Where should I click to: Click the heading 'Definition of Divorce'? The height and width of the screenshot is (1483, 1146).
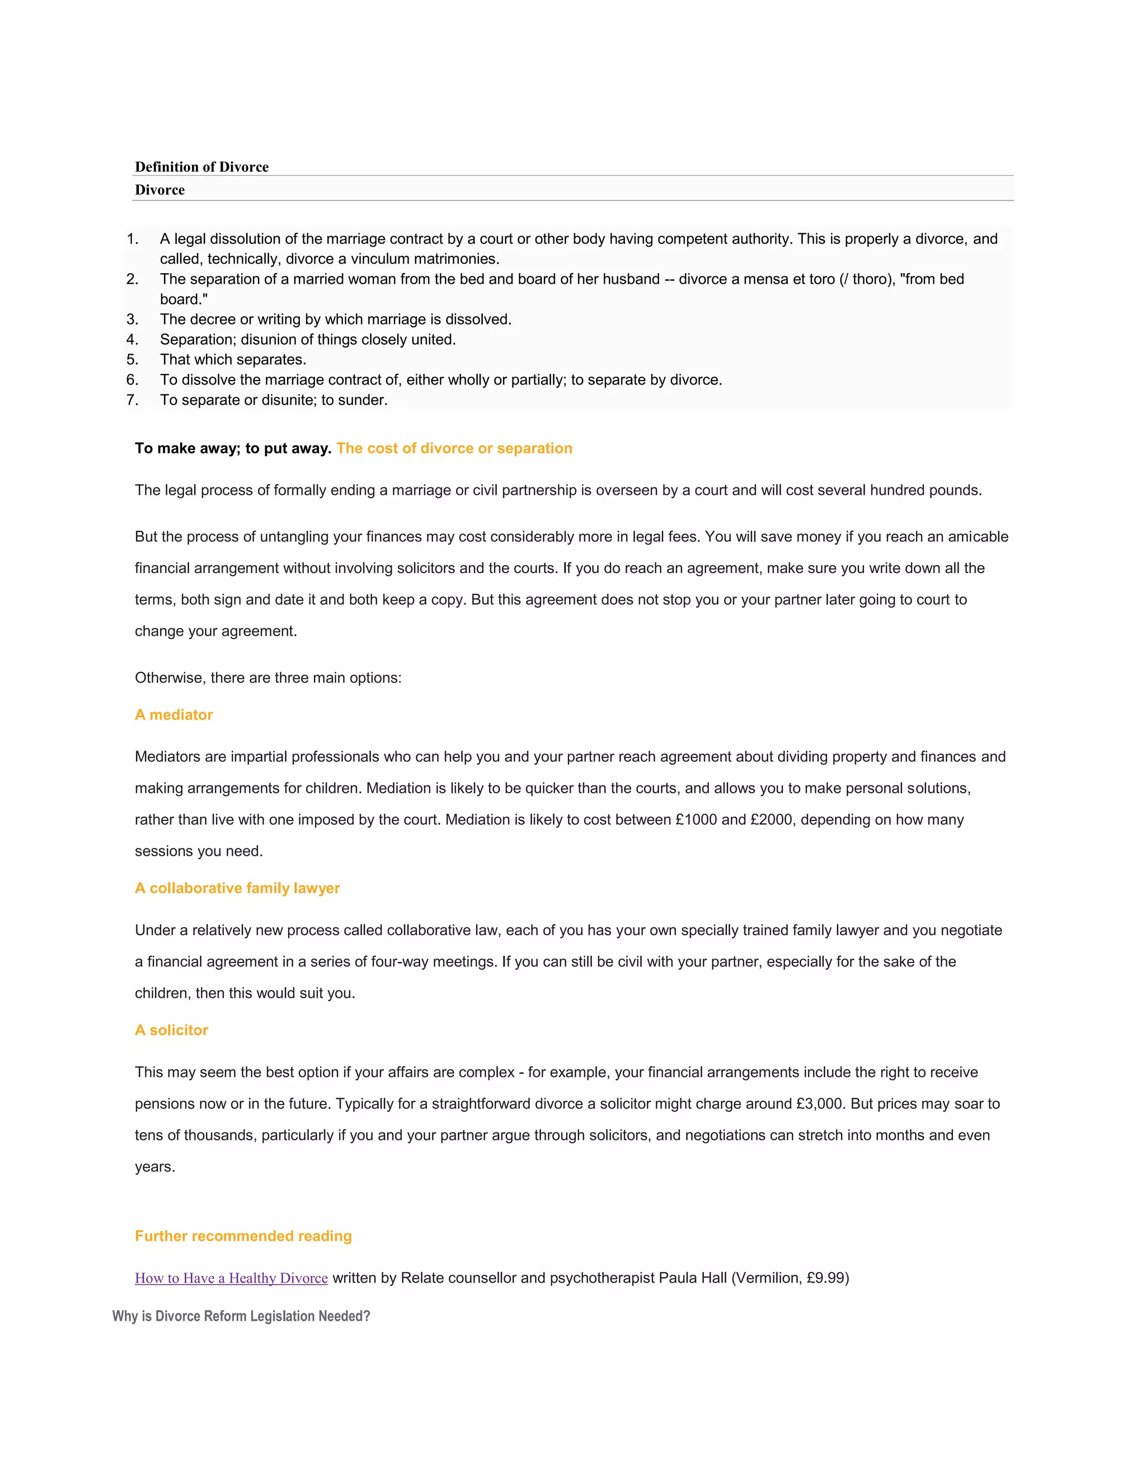[201, 167]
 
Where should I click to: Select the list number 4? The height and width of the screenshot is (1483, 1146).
[131, 340]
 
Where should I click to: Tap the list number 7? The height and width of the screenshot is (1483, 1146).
[131, 400]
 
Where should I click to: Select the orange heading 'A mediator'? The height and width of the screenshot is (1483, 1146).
[174, 715]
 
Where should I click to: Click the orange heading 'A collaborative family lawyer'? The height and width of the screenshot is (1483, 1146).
[237, 888]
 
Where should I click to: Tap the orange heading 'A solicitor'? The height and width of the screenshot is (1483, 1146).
[171, 1030]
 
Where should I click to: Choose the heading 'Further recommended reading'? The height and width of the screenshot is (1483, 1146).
[243, 1236]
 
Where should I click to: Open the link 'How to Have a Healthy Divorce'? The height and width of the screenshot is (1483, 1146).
[231, 1278]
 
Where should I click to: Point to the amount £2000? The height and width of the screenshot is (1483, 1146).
[771, 820]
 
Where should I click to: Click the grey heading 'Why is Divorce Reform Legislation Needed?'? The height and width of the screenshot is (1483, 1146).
[241, 1316]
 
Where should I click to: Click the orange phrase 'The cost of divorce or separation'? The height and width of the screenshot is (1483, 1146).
[454, 448]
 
